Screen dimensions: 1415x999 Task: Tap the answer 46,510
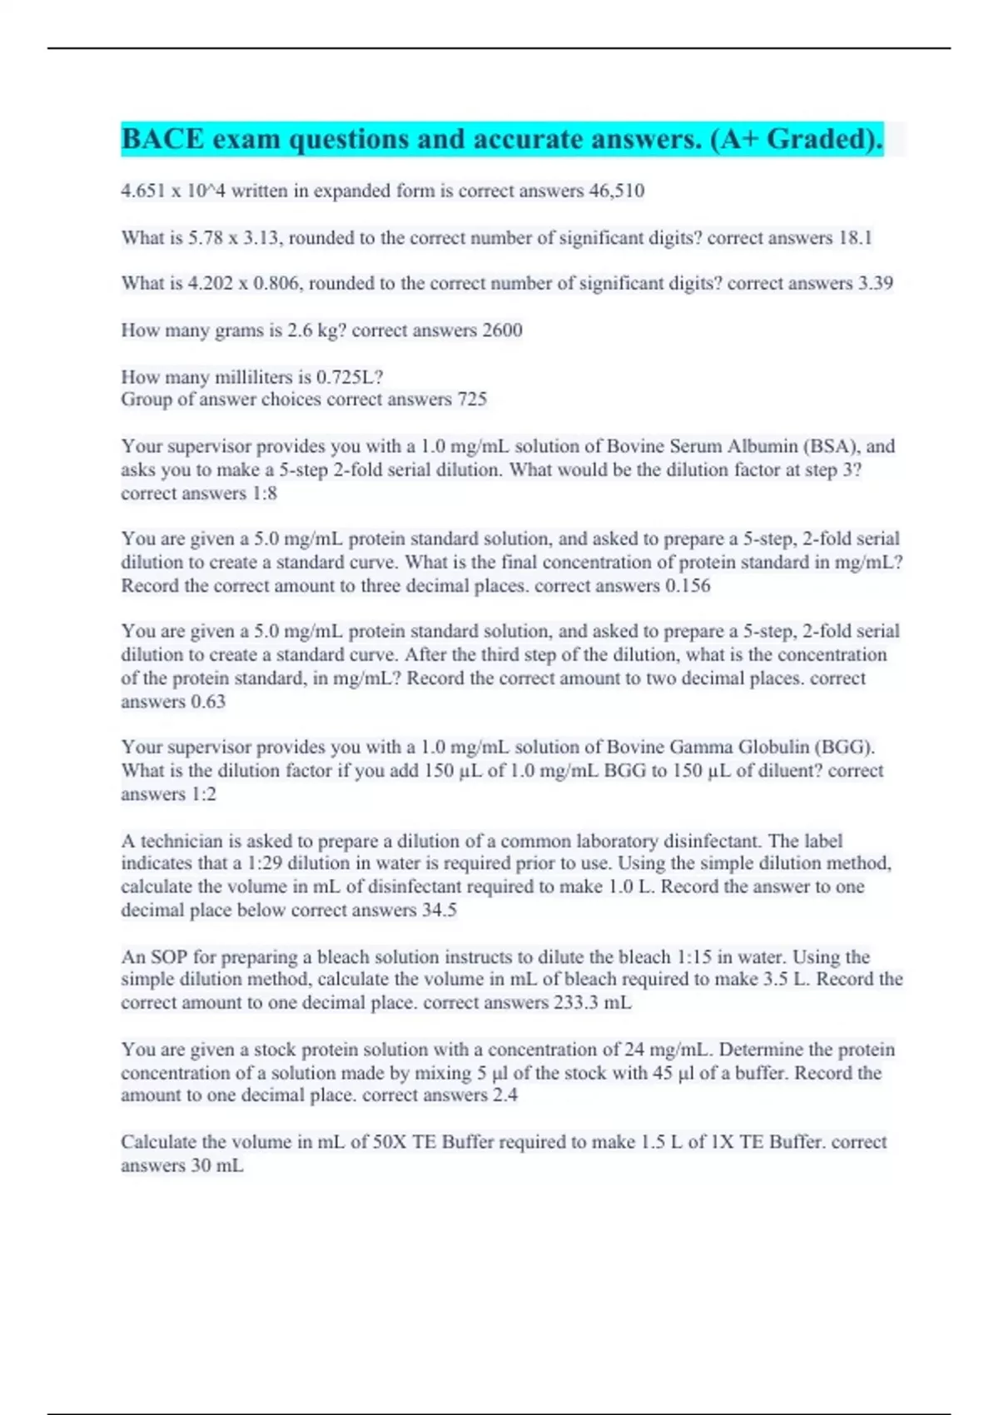click(616, 191)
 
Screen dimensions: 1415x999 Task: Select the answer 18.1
click(855, 238)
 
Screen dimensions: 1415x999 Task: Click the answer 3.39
click(875, 284)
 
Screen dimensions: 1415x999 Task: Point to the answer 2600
click(502, 330)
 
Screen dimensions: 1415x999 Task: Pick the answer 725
click(471, 400)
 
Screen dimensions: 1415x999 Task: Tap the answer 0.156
click(688, 586)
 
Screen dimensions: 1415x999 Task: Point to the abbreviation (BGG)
click(843, 747)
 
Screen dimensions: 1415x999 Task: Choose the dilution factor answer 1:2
click(203, 794)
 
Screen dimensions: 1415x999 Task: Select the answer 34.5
click(439, 911)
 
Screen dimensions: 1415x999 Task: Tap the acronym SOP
click(169, 957)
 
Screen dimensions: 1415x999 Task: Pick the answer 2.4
click(504, 1095)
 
